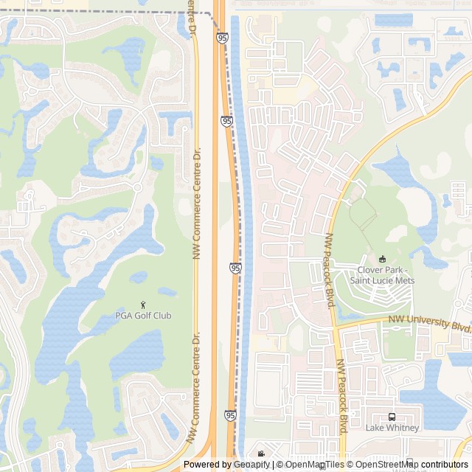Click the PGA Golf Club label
(143, 316)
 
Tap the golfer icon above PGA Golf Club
(143, 304)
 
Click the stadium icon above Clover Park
(382, 259)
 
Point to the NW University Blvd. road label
(430, 322)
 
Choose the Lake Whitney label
(392, 428)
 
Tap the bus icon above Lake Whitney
(392, 417)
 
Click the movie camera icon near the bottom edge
(260, 454)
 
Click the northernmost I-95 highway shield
(222, 37)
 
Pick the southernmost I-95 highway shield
(231, 417)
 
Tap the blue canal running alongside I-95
(246, 221)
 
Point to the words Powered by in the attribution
(207, 465)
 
